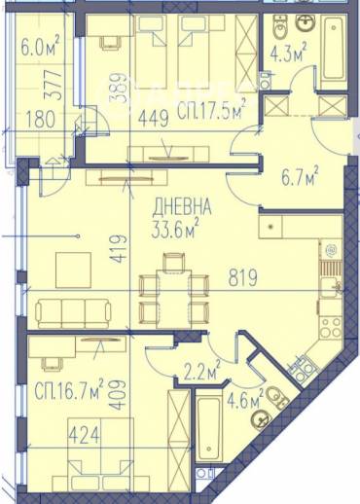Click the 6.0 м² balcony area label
40,46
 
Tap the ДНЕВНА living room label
182,207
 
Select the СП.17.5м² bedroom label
211,110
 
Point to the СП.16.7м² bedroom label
69,388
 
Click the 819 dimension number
243,277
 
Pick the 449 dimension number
154,118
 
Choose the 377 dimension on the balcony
53,85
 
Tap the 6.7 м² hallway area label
300,176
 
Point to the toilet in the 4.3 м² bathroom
280,27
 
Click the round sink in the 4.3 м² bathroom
305,23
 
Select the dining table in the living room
174,299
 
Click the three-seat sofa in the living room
74,313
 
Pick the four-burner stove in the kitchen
331,328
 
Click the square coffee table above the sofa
73,270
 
